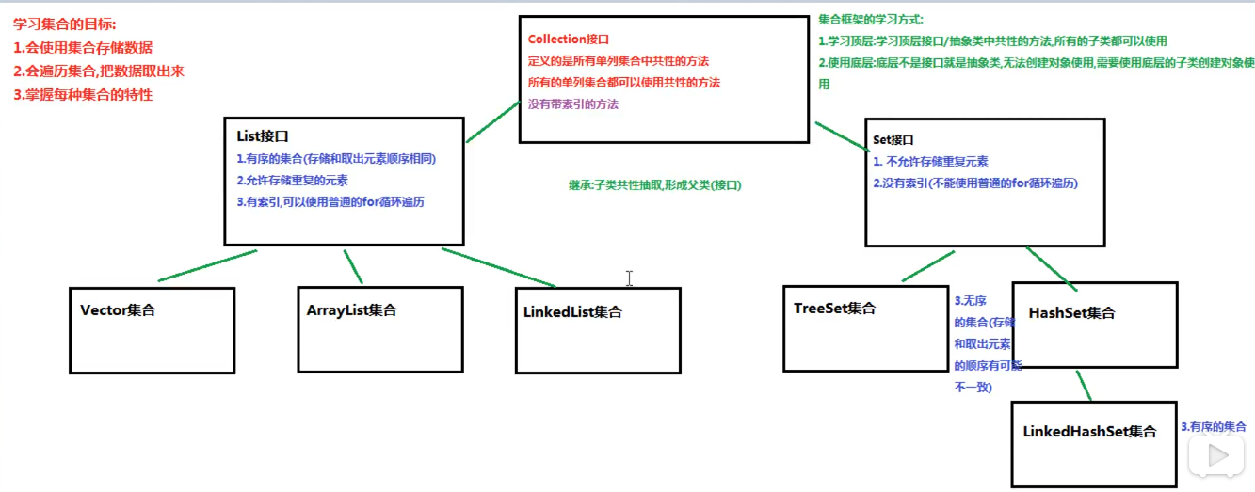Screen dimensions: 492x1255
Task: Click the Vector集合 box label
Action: click(x=118, y=310)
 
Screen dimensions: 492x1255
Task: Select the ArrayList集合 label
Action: click(x=351, y=310)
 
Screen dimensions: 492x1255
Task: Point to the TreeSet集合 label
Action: click(x=834, y=309)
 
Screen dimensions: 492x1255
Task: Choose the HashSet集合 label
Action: click(x=1071, y=313)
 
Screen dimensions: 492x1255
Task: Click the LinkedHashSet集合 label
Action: click(x=1089, y=432)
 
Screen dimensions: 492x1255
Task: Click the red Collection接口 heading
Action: click(x=569, y=40)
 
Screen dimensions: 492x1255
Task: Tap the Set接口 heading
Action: click(x=893, y=139)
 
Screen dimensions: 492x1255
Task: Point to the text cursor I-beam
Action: click(x=629, y=278)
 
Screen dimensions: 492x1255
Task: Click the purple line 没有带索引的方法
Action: click(x=573, y=104)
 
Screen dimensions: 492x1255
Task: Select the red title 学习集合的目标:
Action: click(x=65, y=24)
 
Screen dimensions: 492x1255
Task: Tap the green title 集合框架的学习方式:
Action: click(x=871, y=20)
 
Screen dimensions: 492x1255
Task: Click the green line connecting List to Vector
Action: click(x=207, y=266)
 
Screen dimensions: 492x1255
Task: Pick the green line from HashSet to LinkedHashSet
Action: click(x=1084, y=386)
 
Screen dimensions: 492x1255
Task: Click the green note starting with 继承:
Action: click(x=654, y=185)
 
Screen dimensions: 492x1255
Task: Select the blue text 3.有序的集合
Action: click(x=1213, y=427)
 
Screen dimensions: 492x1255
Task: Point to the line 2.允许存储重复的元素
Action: click(x=292, y=180)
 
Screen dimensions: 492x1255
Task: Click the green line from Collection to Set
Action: click(x=841, y=135)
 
